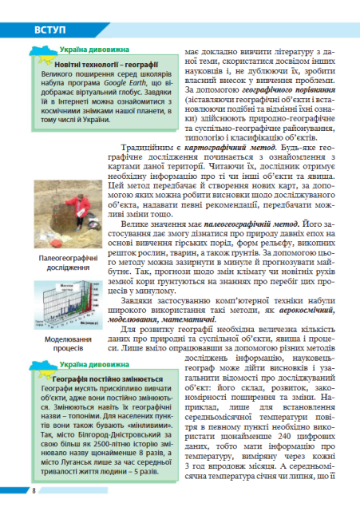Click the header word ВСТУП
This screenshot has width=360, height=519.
pyautogui.click(x=49, y=30)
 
